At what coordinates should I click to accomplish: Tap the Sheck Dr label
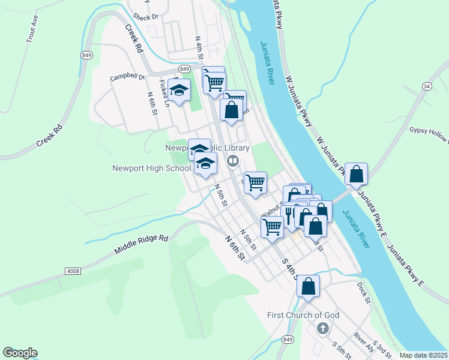[145, 17]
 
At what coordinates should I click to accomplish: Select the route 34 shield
[427, 86]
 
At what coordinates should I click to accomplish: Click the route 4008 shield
[73, 272]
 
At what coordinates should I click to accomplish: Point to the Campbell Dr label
[127, 77]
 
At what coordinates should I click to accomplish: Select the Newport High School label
[151, 169]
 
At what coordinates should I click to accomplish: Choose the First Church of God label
[303, 316]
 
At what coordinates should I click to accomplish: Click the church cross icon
[322, 328]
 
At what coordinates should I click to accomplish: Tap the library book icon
[232, 160]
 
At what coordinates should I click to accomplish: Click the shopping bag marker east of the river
[357, 174]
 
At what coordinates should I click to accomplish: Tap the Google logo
[20, 353]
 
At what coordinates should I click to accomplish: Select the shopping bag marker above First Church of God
[308, 287]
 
